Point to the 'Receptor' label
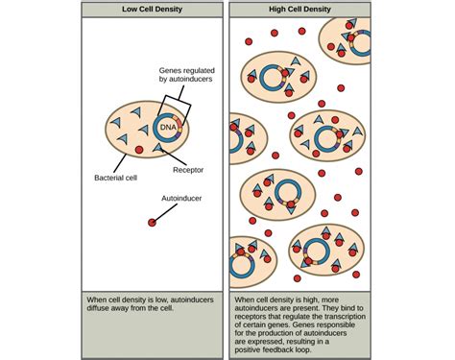188,171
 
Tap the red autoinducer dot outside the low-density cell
151,223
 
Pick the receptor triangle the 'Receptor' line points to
158,150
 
